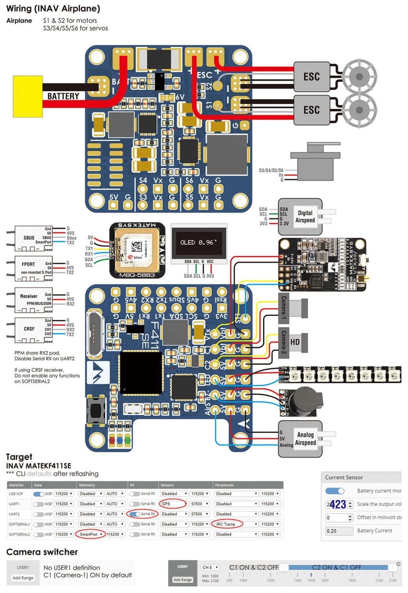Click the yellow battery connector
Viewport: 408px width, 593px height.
(28, 96)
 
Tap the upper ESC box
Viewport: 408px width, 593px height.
(311, 77)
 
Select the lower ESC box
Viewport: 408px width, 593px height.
(311, 110)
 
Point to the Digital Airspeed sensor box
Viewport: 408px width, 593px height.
(300, 217)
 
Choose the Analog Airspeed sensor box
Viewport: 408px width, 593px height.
(300, 439)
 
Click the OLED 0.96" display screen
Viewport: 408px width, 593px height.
(199, 242)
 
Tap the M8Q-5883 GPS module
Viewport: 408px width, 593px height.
(137, 250)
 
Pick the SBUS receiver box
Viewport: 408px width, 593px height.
(34, 238)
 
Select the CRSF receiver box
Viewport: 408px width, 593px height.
(34, 329)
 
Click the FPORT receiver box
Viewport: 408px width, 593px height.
(34, 267)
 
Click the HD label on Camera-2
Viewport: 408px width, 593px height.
(295, 342)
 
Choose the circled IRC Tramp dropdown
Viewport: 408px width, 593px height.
(227, 524)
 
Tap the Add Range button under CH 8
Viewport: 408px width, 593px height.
(182, 580)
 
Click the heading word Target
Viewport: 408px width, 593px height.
(19, 457)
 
